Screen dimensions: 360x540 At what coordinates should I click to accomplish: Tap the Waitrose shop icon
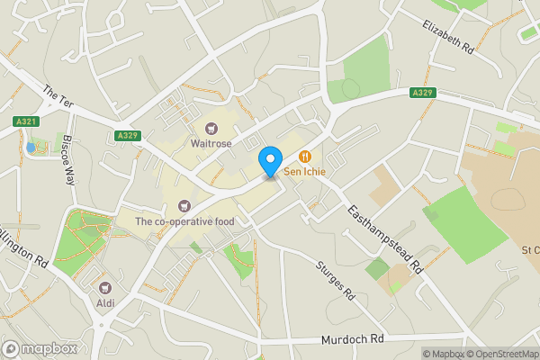212,128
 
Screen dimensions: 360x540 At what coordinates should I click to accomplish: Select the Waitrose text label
212,142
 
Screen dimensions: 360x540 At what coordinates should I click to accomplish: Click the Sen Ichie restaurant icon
305,156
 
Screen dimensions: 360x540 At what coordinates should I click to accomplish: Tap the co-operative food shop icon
185,207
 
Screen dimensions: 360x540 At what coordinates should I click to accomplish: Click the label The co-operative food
184,221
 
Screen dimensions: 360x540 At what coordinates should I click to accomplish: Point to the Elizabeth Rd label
447,35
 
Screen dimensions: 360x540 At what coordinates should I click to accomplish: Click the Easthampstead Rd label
385,237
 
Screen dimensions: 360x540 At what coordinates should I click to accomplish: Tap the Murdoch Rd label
352,340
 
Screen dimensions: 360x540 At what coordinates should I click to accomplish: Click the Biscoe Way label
67,160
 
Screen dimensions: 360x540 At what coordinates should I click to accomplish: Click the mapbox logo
40,348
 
